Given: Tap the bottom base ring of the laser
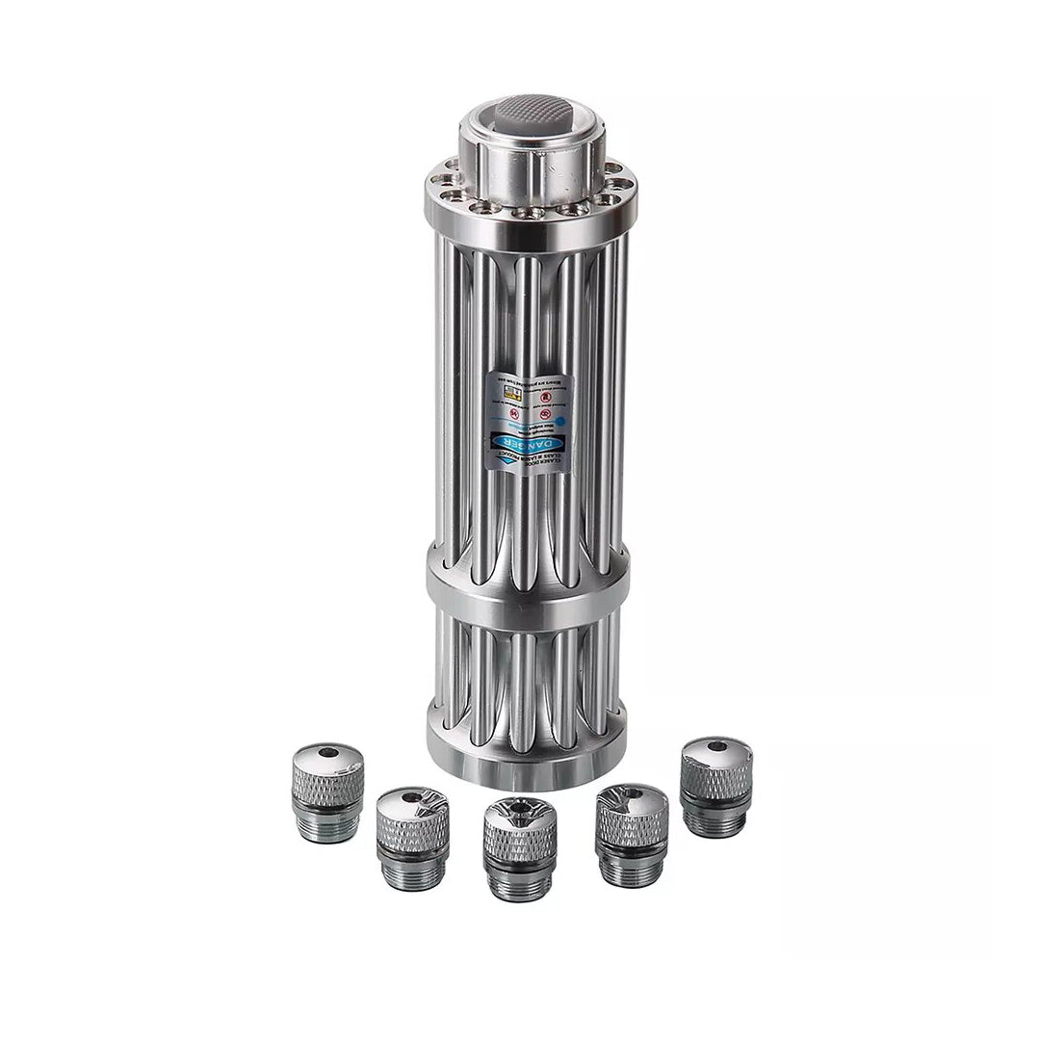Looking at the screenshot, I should [527, 766].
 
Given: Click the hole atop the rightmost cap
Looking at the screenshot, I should [716, 746].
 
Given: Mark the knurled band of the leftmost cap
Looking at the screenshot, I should [327, 788].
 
